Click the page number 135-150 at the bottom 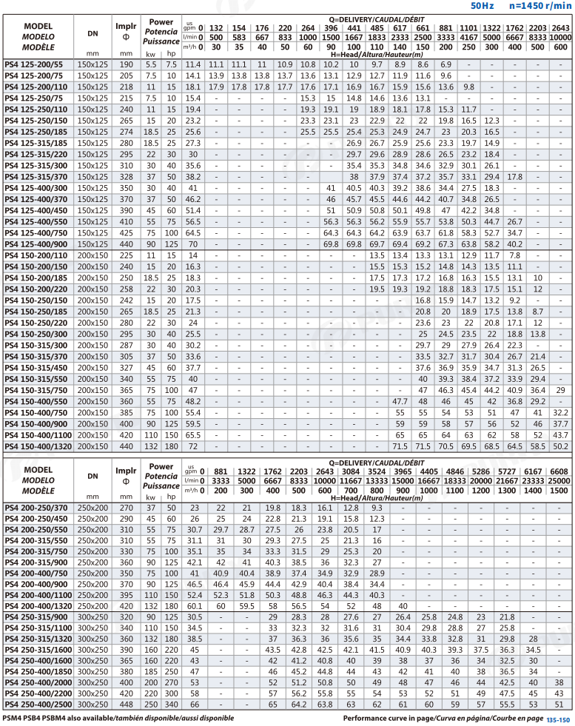[558, 719]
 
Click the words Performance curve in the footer [377, 718]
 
